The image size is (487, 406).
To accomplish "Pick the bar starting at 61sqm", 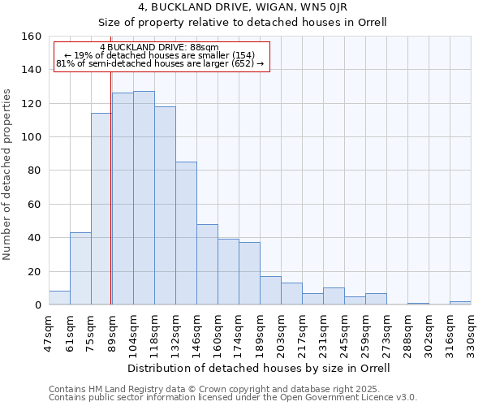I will point(80,268).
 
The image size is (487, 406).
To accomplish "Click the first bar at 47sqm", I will point(59,298).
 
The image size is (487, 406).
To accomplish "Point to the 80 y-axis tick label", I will point(35,171).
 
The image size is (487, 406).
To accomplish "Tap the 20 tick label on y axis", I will point(35,271).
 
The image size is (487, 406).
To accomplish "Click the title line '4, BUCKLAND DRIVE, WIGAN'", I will point(243,6).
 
